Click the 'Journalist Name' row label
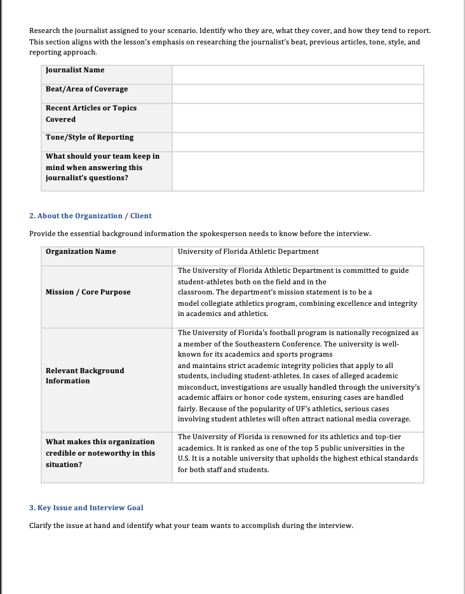click(75, 70)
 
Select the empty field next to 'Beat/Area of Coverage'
click(297, 93)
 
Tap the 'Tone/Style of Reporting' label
click(90, 137)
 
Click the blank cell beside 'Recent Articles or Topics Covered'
click(297, 117)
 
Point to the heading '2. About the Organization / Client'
click(90, 216)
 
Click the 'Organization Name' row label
click(81, 251)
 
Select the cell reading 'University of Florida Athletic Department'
click(248, 251)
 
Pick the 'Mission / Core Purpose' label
click(88, 292)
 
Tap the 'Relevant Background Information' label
click(84, 375)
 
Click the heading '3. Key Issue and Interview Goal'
click(86, 508)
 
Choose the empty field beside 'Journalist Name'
click(297, 74)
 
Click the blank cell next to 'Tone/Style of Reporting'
click(297, 142)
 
